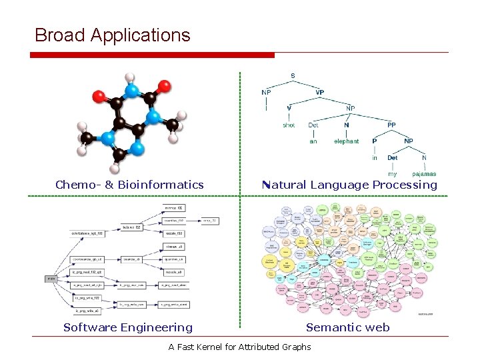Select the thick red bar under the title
point(154,55)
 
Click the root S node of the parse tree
point(292,75)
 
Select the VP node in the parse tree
point(320,91)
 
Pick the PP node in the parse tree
point(391,124)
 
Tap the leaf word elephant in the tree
point(346,141)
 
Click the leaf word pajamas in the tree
point(424,174)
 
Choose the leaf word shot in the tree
point(289,125)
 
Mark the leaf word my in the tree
point(392,174)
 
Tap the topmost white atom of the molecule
point(131,78)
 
